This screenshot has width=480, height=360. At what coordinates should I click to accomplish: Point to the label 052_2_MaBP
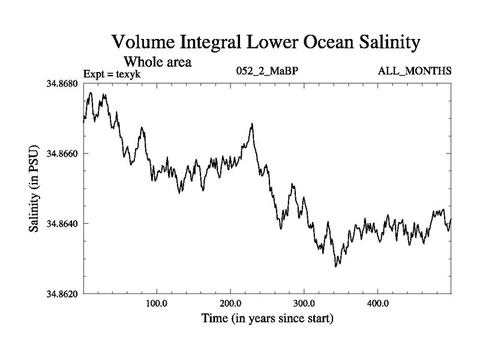(x=268, y=72)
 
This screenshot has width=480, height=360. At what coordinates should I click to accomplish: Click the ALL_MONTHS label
(x=415, y=72)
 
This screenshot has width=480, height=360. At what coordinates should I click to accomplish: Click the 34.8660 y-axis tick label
(x=62, y=154)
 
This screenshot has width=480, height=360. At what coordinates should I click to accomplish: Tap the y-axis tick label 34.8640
(x=62, y=224)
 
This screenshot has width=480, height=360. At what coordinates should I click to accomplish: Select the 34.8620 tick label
(x=62, y=294)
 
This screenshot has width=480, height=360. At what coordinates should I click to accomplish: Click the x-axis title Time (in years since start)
(x=267, y=318)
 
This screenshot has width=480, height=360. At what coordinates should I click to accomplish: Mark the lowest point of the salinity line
(x=336, y=266)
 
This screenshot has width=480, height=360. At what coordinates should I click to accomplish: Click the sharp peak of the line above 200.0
(x=252, y=124)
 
